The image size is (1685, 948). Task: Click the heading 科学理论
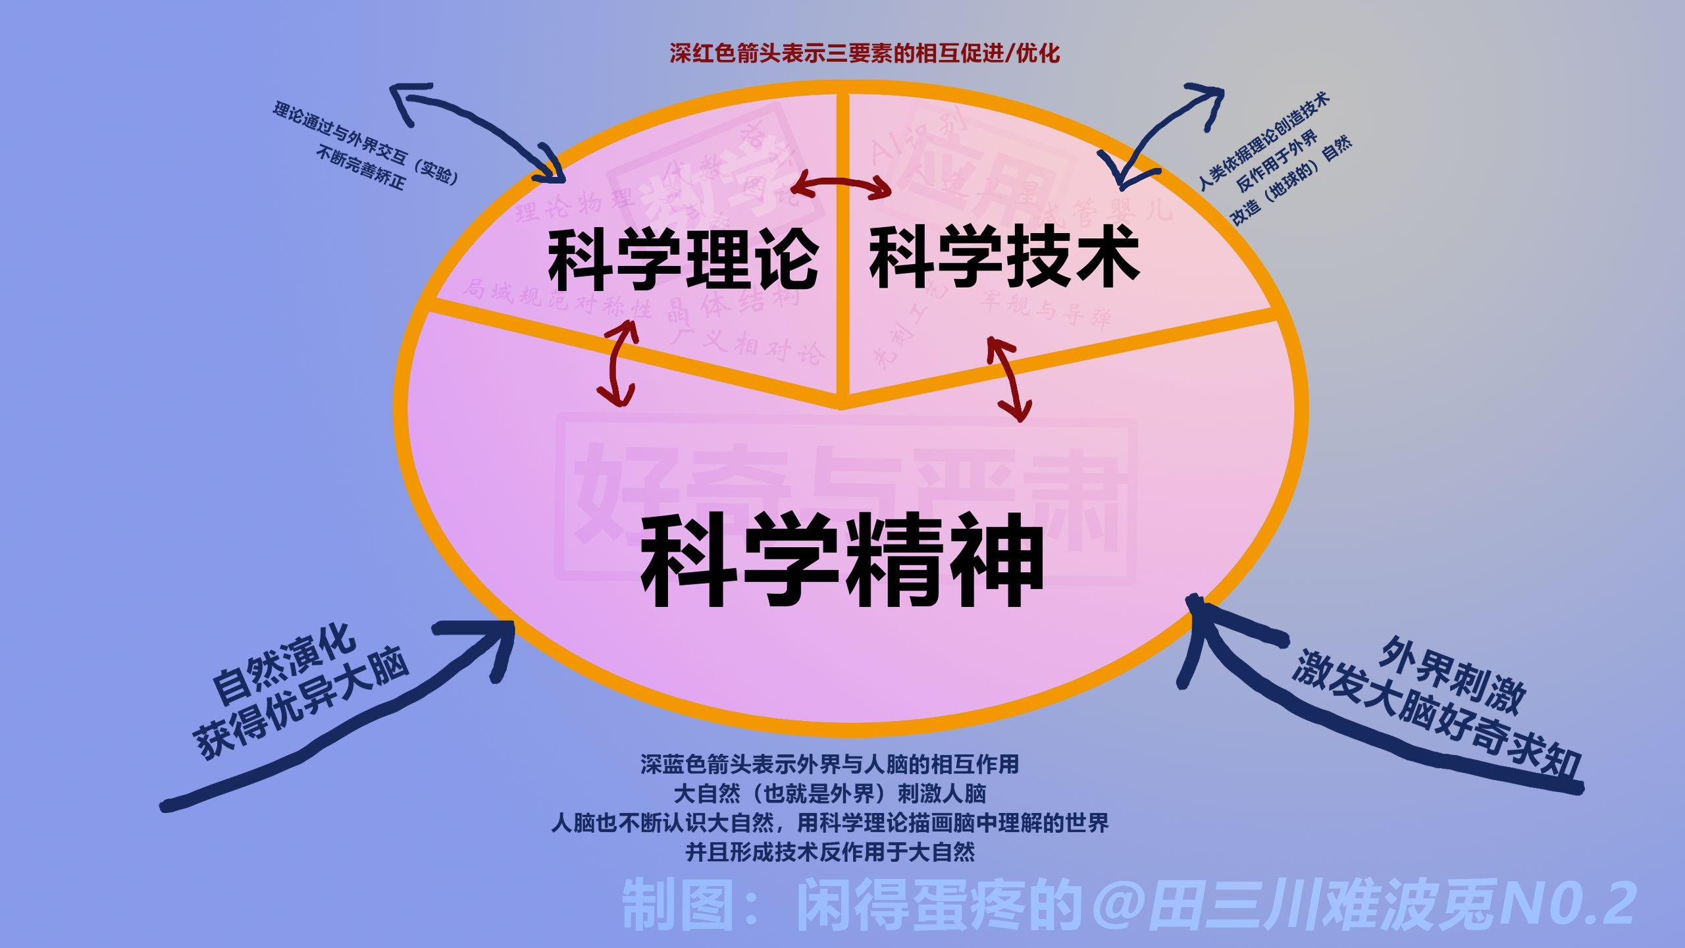click(683, 259)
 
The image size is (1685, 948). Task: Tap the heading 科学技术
click(1004, 257)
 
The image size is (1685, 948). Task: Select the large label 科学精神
click(842, 562)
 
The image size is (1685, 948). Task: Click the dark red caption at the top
click(865, 53)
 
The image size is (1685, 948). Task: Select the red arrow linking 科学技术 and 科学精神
click(1008, 379)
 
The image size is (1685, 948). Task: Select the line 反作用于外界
click(1277, 161)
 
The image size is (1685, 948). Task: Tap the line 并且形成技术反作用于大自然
click(830, 853)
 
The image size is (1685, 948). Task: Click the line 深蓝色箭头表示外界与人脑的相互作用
click(830, 764)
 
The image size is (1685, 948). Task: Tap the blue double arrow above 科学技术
click(1165, 132)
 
